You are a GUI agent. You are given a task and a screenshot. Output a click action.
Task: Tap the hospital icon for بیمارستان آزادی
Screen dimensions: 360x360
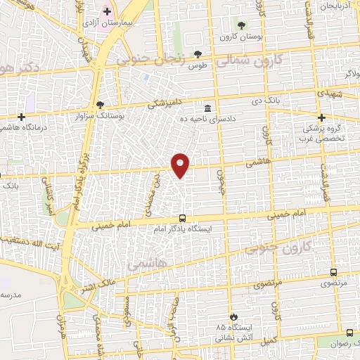click(107, 11)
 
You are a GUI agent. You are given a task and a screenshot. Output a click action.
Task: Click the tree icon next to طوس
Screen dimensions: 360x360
click(200, 53)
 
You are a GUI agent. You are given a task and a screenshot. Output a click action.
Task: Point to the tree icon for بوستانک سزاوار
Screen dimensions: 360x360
click(101, 105)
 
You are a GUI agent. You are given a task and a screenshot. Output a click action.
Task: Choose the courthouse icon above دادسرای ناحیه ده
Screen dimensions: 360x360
click(208, 108)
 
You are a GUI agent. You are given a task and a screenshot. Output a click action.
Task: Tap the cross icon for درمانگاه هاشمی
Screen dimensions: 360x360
click(22, 117)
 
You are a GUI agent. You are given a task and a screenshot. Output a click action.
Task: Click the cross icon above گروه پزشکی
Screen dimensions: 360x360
click(322, 117)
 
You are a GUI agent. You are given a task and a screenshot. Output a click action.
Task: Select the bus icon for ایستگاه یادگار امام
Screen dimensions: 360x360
click(182, 219)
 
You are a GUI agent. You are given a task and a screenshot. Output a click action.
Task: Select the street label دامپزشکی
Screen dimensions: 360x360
click(168, 103)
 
